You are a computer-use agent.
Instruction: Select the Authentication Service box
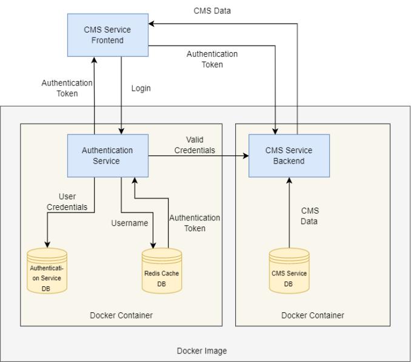pyautogui.click(x=107, y=156)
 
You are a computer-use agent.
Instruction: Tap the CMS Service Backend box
pyautogui.click(x=289, y=156)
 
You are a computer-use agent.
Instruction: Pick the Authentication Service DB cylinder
pyautogui.click(x=47, y=271)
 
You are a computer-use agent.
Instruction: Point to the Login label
pyautogui.click(x=141, y=88)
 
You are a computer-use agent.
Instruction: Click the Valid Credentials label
pyautogui.click(x=195, y=145)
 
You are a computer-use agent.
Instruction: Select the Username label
pyautogui.click(x=129, y=223)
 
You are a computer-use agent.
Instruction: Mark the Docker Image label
pyautogui.click(x=202, y=350)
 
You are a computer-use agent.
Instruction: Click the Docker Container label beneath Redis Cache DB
pyautogui.click(x=121, y=315)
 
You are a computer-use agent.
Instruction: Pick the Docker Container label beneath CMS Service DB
pyautogui.click(x=313, y=315)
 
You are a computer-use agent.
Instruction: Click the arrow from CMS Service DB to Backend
pyautogui.click(x=289, y=212)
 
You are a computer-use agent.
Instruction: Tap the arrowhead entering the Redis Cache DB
pyautogui.click(x=153, y=245)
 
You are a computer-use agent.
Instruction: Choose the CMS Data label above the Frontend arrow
pyautogui.click(x=212, y=11)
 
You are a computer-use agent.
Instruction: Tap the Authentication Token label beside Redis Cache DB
pyautogui.click(x=195, y=223)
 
